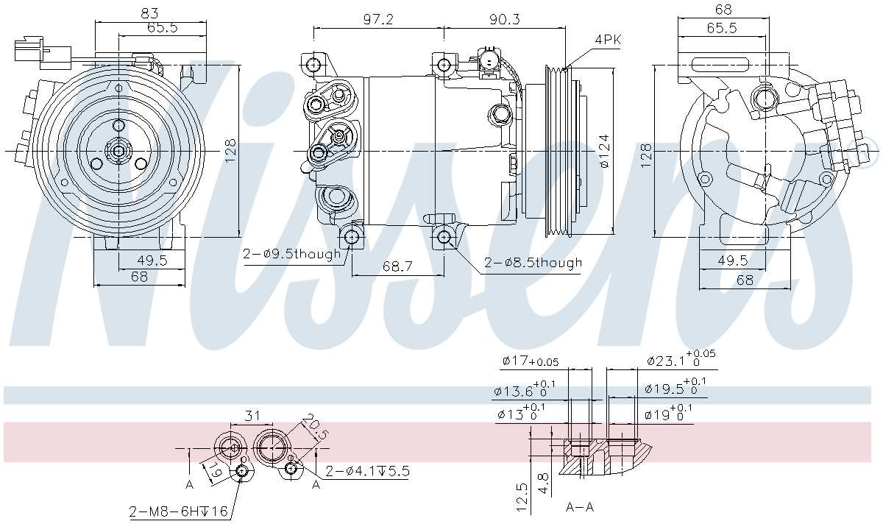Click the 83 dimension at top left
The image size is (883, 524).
(151, 13)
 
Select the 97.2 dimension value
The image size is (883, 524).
(378, 20)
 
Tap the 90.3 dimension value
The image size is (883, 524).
(505, 20)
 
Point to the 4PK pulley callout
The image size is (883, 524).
(608, 40)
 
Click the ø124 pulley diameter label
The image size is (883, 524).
(604, 151)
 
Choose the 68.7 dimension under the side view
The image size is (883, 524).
(397, 266)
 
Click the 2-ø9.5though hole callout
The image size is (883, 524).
(292, 254)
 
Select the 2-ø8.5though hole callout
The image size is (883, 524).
(533, 263)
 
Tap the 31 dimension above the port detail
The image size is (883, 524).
(252, 416)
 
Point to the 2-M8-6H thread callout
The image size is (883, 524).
(178, 511)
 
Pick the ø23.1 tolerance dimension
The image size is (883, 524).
(680, 360)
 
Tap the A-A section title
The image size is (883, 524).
(581, 507)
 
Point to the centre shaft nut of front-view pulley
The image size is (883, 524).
(118, 151)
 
